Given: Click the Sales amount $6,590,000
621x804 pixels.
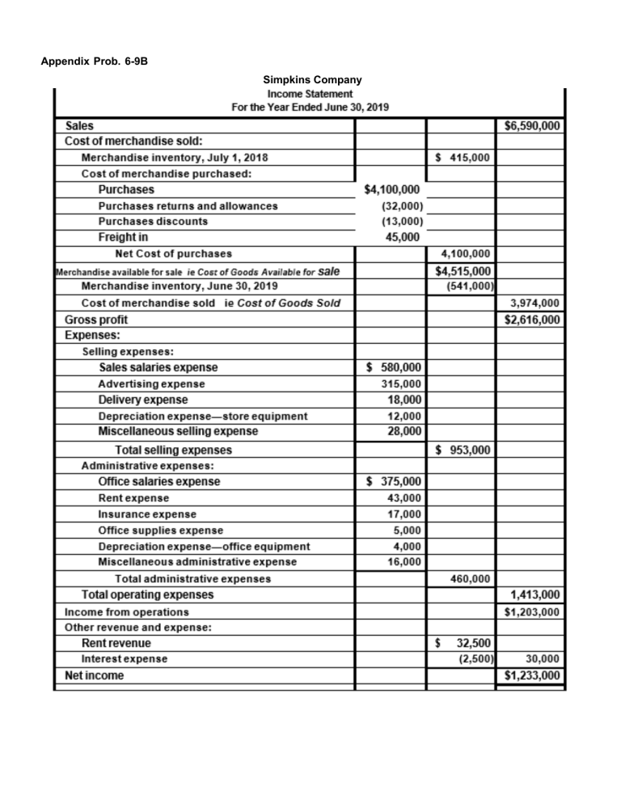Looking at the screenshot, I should pyautogui.click(x=532, y=126).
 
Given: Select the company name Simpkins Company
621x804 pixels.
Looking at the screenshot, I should pyautogui.click(x=312, y=79).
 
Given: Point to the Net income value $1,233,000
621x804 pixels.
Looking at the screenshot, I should pyautogui.click(x=532, y=675).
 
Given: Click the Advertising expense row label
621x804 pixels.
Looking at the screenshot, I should pyautogui.click(x=151, y=383).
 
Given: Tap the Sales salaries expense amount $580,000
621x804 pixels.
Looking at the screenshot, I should pyautogui.click(x=393, y=367).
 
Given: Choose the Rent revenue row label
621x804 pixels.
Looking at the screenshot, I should pyautogui.click(x=116, y=643).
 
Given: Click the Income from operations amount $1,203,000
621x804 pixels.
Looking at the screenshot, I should pyautogui.click(x=532, y=611).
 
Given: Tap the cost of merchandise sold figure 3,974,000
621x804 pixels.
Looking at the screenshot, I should pyautogui.click(x=536, y=303).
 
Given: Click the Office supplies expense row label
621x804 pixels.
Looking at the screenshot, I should pyautogui.click(x=160, y=530).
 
